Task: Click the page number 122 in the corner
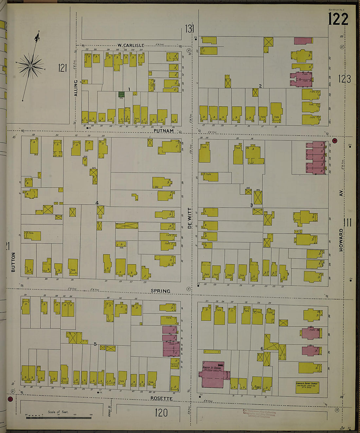click(338, 19)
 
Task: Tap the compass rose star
click(30, 66)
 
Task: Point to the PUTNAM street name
click(163, 131)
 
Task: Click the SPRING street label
click(160, 291)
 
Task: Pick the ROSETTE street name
click(161, 398)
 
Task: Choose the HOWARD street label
click(341, 240)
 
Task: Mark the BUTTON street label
click(13, 262)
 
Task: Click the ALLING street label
click(76, 88)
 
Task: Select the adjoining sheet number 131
click(189, 29)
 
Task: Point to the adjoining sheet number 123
click(344, 79)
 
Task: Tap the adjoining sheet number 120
click(161, 413)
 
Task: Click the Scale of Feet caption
click(58, 412)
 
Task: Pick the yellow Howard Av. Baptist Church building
click(307, 387)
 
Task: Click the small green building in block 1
click(121, 94)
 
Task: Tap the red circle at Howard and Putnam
click(334, 141)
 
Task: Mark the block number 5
click(95, 344)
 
